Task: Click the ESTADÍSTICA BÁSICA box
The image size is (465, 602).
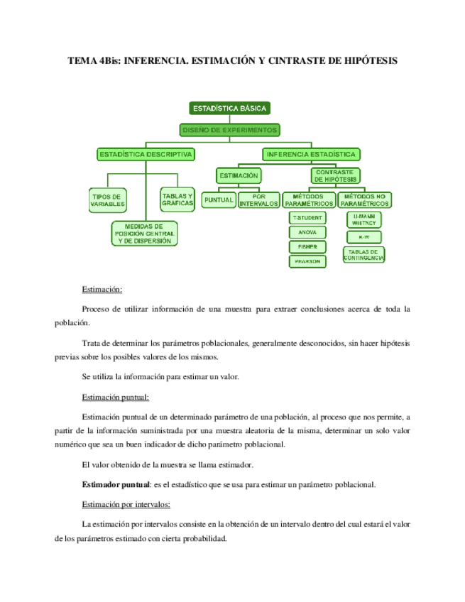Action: pyautogui.click(x=229, y=109)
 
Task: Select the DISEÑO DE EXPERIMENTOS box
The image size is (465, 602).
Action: pyautogui.click(x=229, y=130)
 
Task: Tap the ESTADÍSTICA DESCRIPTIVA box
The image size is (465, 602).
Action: pyautogui.click(x=146, y=154)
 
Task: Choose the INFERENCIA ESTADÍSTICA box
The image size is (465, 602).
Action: pyautogui.click(x=311, y=154)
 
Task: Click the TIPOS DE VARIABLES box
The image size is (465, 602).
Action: pyautogui.click(x=107, y=199)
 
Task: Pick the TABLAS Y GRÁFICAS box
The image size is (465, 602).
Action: pyautogui.click(x=177, y=199)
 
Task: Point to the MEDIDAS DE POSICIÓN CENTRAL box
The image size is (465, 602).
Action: pyautogui.click(x=144, y=234)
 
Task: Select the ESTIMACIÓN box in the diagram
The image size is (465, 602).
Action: pyautogui.click(x=239, y=175)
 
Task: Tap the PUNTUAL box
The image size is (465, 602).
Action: pyautogui.click(x=218, y=200)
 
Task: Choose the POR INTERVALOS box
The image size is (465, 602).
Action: pyautogui.click(x=259, y=200)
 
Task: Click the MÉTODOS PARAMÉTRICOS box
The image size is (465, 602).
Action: pyautogui.click(x=308, y=200)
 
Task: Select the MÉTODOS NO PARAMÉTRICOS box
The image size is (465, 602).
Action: pyautogui.click(x=363, y=200)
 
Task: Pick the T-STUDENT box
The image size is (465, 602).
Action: pyautogui.click(x=307, y=217)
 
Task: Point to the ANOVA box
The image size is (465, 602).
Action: pyautogui.click(x=307, y=232)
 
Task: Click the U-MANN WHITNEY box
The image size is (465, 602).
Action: pyautogui.click(x=363, y=219)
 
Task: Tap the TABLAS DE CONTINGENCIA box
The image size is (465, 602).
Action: pyautogui.click(x=363, y=255)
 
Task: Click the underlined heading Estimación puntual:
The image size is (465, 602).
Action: pyautogui.click(x=116, y=397)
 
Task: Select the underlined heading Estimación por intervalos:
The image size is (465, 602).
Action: pyautogui.click(x=126, y=505)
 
